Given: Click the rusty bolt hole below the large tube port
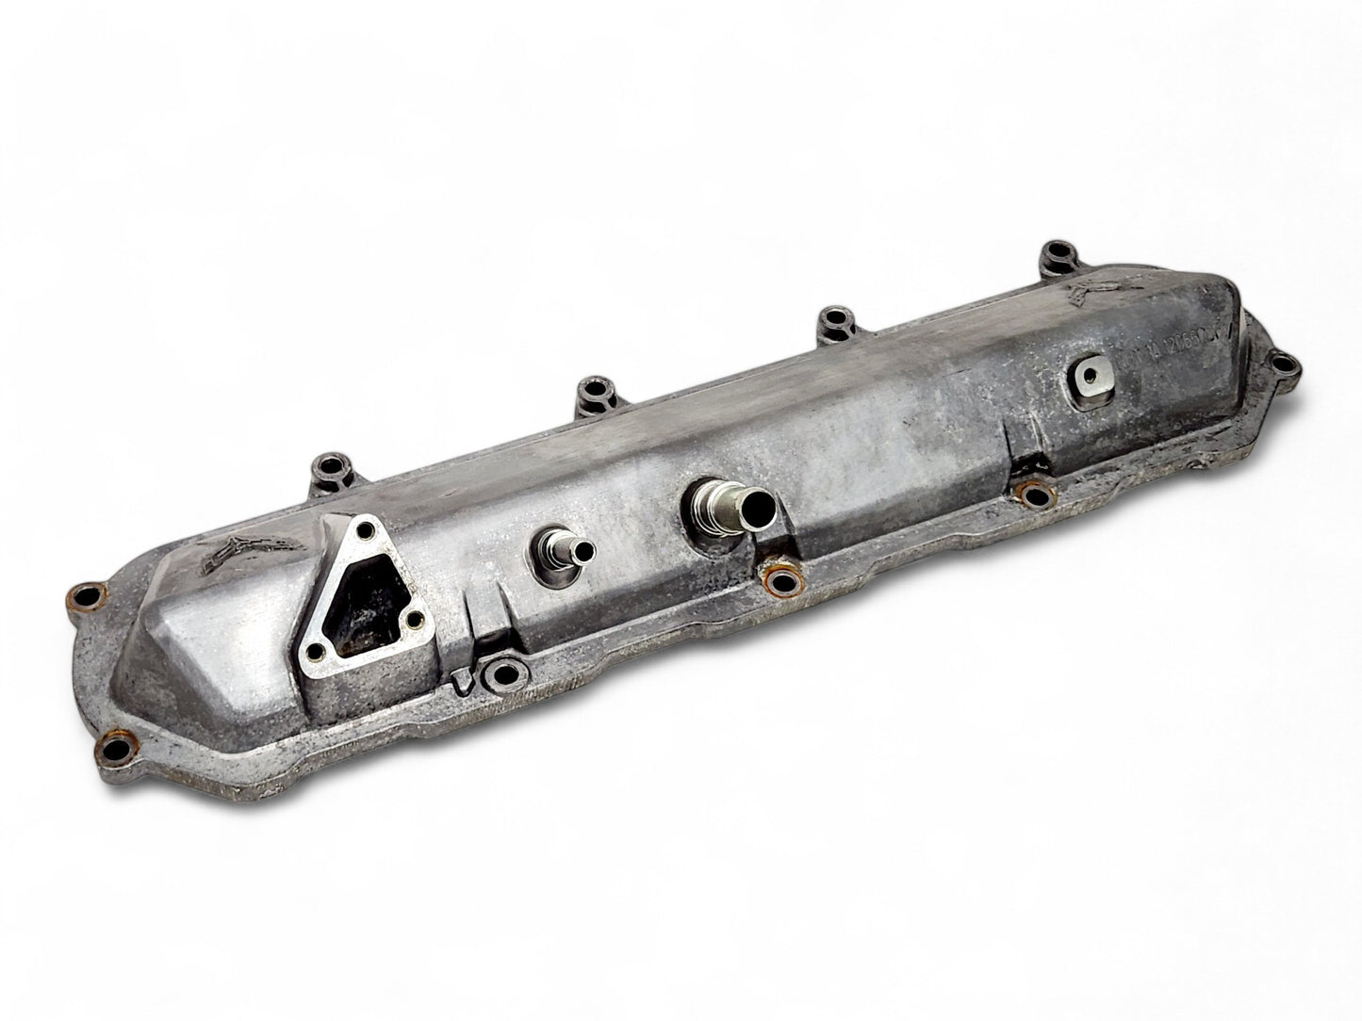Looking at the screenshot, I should click(x=779, y=583).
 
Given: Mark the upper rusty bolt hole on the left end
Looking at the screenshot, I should click(x=89, y=596).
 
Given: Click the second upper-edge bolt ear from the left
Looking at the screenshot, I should click(x=592, y=389).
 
